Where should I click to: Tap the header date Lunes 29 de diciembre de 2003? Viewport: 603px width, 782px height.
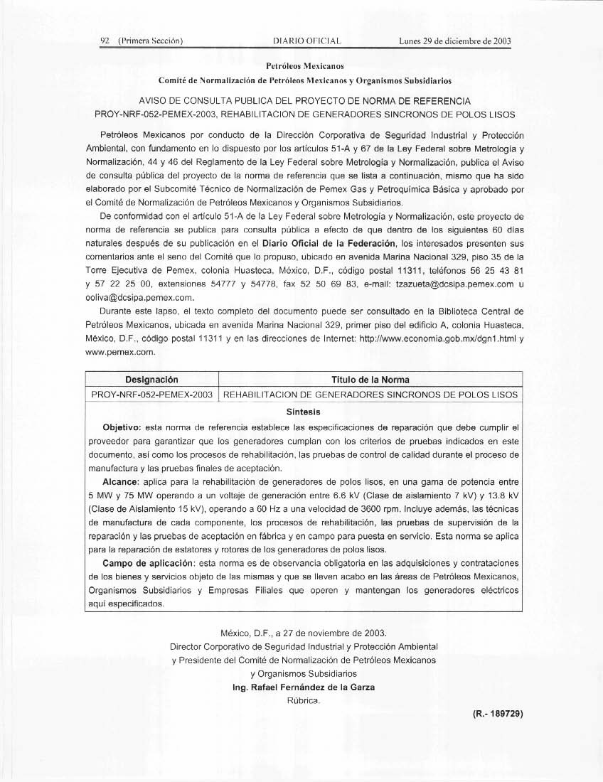tap(456, 41)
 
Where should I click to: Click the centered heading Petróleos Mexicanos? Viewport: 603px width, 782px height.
tap(304, 65)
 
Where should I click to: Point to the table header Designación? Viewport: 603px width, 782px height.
tap(151, 380)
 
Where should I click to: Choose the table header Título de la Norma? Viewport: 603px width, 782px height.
tap(370, 380)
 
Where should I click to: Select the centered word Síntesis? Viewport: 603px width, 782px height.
tap(304, 412)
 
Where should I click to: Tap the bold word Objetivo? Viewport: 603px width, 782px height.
tap(122, 427)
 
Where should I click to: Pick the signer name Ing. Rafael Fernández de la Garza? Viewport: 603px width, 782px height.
tap(304, 687)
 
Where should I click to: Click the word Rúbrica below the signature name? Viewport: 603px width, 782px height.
tap(304, 701)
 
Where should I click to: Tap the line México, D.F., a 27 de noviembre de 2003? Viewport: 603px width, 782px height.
tap(304, 633)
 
